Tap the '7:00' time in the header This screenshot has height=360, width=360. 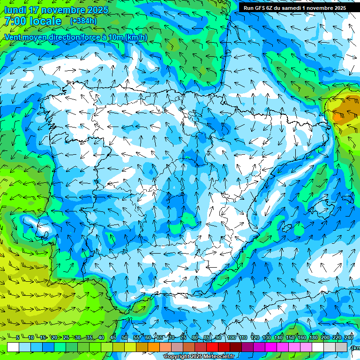point(14,21)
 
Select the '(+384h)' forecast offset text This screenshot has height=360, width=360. point(84,21)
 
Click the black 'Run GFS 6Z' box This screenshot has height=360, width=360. point(294,7)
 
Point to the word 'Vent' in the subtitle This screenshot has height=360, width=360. point(13,37)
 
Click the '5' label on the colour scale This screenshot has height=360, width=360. point(17,337)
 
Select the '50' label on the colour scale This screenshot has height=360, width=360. point(125,337)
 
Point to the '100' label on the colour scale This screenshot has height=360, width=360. point(232,337)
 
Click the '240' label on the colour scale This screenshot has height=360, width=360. point(349,337)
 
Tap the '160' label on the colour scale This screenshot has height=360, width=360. point(302,337)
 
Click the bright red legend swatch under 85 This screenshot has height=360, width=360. point(212,347)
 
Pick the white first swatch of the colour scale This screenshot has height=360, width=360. point(13,347)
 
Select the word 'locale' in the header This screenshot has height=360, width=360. point(45,21)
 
